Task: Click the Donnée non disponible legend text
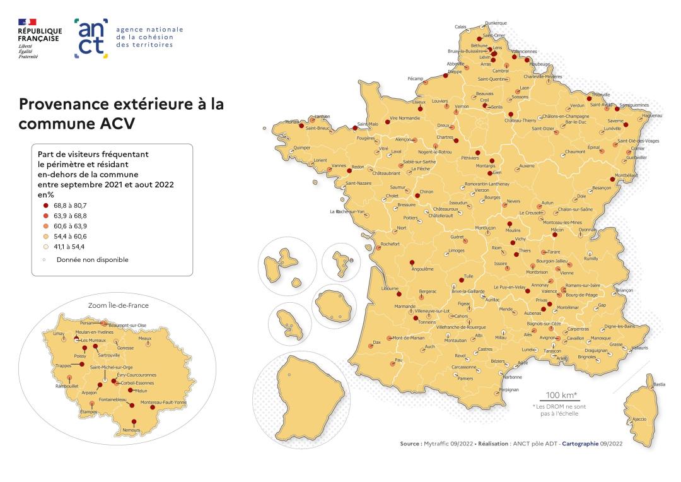(x=92, y=259)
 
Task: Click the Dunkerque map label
(x=496, y=23)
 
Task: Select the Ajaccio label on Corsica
(x=639, y=419)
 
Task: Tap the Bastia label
(x=659, y=384)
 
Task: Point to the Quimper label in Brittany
(x=302, y=148)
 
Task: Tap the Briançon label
(x=624, y=290)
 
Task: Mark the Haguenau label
(x=652, y=115)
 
